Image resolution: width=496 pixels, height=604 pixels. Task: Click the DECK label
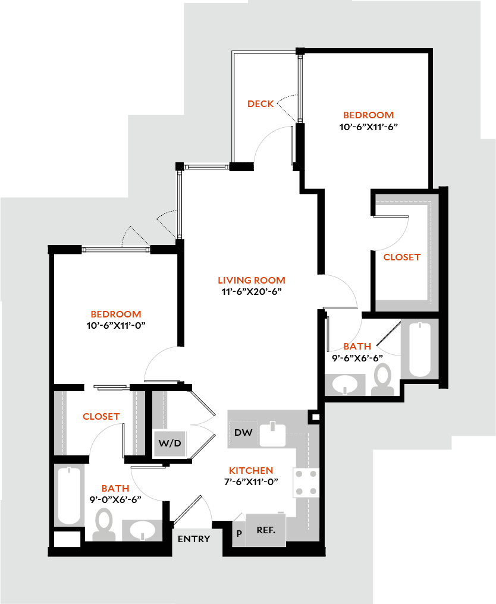coord(260,104)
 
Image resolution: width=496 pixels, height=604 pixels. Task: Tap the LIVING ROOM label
coord(251,280)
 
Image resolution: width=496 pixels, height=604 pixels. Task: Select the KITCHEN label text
coord(251,470)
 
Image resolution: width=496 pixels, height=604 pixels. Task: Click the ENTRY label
coord(194,539)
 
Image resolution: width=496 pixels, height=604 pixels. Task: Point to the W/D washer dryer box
coord(169,443)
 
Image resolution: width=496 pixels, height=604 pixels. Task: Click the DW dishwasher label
coord(243,432)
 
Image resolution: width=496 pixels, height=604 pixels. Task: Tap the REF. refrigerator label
coord(266,530)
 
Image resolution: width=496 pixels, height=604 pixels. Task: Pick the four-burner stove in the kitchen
coord(307,482)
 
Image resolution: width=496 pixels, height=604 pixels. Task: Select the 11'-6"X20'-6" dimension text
coord(251,291)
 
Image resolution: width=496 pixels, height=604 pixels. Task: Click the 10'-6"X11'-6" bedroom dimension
coord(368,127)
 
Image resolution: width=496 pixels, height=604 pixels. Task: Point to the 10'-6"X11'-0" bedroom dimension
coord(116,325)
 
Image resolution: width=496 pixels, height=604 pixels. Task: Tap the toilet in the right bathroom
coord(382,379)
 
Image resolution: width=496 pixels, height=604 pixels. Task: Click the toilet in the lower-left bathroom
coord(105,524)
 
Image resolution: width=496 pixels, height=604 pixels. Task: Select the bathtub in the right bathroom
coord(420,349)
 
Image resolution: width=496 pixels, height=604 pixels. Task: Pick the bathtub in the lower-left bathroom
coord(69,495)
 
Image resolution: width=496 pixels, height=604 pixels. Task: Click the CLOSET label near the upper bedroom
coord(402,257)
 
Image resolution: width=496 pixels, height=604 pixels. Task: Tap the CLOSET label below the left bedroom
coord(101,417)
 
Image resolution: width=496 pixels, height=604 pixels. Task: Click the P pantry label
coord(239,533)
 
